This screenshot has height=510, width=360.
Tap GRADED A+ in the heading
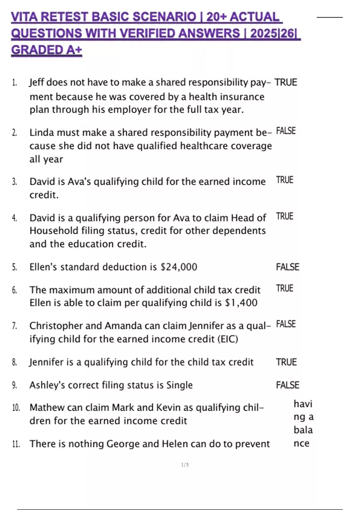[46, 50]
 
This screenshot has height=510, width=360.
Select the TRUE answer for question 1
[286, 82]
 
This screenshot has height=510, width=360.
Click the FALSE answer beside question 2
[286, 131]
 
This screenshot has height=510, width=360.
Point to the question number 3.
[14, 182]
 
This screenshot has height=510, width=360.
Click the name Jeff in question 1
[36, 82]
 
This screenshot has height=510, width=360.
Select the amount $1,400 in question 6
[241, 303]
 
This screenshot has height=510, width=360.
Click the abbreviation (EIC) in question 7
[228, 339]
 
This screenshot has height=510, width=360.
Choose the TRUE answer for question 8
[286, 362]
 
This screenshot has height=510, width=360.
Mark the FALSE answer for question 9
[287, 385]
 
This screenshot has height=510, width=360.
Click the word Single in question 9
[179, 385]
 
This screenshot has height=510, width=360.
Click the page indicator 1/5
[185, 465]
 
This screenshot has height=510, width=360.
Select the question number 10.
[16, 408]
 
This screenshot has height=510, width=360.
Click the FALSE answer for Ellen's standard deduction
[287, 267]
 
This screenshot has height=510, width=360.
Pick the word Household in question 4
[54, 231]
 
